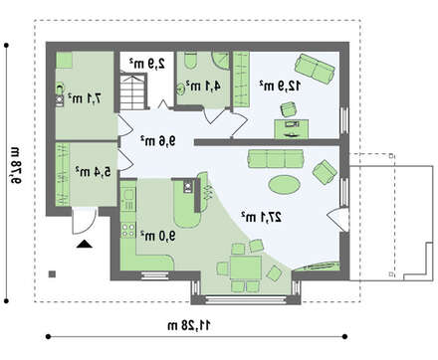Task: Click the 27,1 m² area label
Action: pyautogui.click(x=261, y=217)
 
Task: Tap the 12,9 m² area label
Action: pyautogui.click(x=280, y=86)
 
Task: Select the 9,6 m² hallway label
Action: pyautogui.click(x=157, y=141)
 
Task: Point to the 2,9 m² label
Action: pyautogui.click(x=147, y=63)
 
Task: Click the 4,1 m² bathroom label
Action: pyautogui.click(x=203, y=87)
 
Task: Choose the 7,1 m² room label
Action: pyautogui.click(x=85, y=98)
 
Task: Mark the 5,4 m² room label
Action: pyautogui.click(x=93, y=171)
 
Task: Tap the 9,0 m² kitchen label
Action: pyautogui.click(x=157, y=236)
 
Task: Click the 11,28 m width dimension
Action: pyautogui.click(x=189, y=325)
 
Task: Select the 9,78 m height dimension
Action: pyautogui.click(x=15, y=165)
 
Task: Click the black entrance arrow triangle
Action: pyautogui.click(x=85, y=245)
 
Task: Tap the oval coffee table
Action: pyautogui.click(x=285, y=184)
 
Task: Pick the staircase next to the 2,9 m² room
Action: pyautogui.click(x=132, y=91)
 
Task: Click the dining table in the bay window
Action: pyautogui.click(x=246, y=268)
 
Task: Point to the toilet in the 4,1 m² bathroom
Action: pyautogui.click(x=190, y=61)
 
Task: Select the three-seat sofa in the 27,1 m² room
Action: pyautogui.click(x=276, y=159)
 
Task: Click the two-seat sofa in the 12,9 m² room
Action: pyautogui.click(x=315, y=69)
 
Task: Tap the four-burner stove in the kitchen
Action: pyautogui.click(x=128, y=230)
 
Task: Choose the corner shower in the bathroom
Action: pyautogui.click(x=221, y=60)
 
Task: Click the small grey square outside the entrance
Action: pyautogui.click(x=52, y=274)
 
